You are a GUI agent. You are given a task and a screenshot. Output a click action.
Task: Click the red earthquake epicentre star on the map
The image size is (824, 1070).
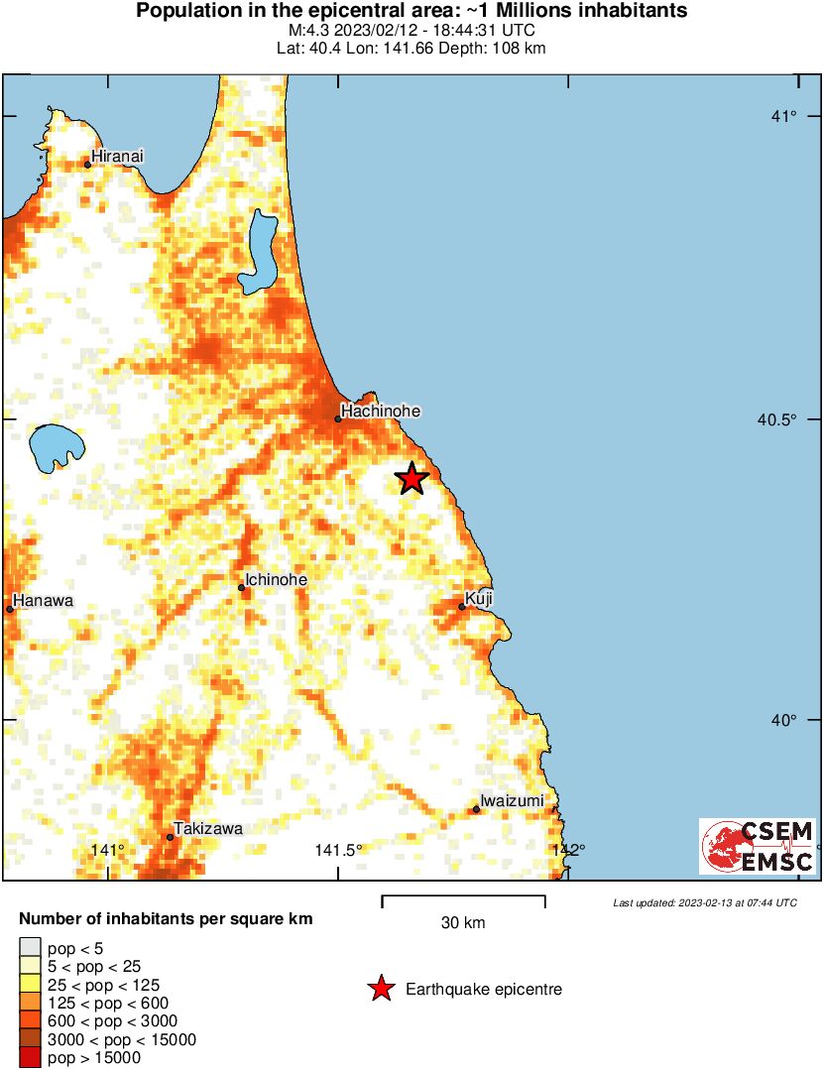point(412,479)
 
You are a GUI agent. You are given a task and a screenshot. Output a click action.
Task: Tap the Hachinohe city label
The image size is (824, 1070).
point(381,411)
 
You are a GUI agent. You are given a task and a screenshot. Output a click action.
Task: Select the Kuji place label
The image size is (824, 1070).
point(479,599)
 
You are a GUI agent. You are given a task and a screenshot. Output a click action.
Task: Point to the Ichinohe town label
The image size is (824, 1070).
point(276,580)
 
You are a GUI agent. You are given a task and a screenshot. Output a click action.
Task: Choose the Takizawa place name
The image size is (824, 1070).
point(208,828)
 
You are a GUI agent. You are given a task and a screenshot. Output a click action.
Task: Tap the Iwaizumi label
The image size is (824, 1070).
point(512,800)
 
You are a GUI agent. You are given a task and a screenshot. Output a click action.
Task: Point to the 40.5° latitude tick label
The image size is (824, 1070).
point(777,419)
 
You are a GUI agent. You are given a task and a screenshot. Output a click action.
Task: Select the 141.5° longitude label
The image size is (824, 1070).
point(339,849)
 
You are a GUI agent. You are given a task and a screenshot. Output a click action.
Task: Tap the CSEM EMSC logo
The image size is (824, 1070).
point(758,846)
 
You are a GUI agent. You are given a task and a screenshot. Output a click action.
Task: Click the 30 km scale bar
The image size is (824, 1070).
point(463,901)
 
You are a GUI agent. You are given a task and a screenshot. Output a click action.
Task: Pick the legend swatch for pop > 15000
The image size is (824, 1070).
point(31,1058)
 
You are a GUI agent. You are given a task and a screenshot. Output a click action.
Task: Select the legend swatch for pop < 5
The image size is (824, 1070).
point(31,947)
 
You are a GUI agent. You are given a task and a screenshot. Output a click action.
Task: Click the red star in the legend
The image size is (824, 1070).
point(380,989)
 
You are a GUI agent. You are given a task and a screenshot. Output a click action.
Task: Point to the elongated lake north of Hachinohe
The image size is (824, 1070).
point(263,251)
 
